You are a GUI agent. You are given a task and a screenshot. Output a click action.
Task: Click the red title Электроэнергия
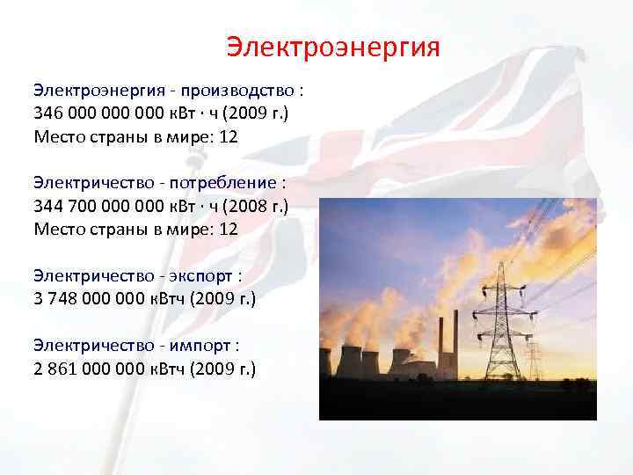(332, 47)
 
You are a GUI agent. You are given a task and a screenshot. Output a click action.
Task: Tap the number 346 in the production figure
(48, 113)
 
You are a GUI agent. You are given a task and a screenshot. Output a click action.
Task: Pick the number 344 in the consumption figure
(48, 206)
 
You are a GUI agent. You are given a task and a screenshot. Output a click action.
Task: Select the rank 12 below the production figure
(229, 136)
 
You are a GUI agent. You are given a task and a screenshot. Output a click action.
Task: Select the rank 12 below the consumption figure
(229, 229)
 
